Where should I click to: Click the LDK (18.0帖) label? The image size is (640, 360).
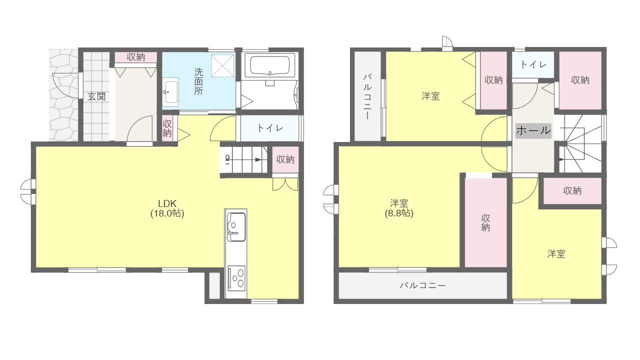(167, 208)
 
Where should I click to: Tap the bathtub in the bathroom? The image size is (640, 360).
(269, 65)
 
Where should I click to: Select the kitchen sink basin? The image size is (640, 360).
(236, 227)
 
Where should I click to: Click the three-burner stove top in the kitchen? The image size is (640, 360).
(236, 278)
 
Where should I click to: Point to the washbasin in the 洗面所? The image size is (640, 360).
(170, 91)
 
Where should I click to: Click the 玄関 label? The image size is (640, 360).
(96, 96)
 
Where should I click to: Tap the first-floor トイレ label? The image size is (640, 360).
(270, 127)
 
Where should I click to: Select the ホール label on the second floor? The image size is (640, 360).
(533, 130)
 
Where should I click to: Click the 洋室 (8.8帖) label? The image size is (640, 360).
(399, 208)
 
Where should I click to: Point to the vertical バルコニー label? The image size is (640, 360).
(367, 96)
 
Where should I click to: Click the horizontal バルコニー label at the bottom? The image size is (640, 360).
(422, 285)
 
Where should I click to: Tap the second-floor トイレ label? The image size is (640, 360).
(533, 64)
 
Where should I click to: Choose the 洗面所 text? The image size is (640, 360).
(198, 81)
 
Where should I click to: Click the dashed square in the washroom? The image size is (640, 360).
(222, 65)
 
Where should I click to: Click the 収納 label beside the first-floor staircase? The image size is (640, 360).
(285, 159)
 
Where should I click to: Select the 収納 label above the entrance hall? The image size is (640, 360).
(135, 57)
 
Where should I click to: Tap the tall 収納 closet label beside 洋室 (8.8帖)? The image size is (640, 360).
(485, 223)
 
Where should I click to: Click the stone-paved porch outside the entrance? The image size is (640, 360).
(63, 95)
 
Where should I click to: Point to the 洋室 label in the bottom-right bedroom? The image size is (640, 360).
(556, 253)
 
